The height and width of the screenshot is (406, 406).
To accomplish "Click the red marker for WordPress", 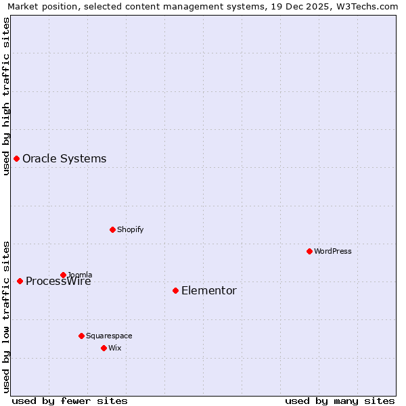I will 309,251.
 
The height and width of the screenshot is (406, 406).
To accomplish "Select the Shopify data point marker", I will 112,229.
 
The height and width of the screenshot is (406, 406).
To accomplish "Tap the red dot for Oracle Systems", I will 16,158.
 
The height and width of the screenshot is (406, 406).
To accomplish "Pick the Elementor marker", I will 175,290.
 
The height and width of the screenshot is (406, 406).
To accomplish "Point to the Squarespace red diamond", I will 81,336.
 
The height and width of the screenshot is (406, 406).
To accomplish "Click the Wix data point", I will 104,348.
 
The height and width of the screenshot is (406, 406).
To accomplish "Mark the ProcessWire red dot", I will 20,281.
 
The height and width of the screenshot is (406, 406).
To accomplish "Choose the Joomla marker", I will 63,275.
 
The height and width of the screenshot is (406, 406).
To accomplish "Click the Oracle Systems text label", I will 64,158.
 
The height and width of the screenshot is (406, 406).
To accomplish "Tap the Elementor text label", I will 209,290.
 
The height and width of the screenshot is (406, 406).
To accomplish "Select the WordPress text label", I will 333,251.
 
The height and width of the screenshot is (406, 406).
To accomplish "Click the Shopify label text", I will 131,229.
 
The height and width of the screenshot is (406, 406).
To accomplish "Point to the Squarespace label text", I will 109,336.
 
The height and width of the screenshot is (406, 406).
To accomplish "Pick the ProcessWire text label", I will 58,281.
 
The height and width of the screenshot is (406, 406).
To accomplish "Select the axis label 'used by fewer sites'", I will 70,401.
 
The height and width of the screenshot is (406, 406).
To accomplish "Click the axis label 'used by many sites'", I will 340,401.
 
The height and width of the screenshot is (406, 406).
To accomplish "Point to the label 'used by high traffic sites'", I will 7,96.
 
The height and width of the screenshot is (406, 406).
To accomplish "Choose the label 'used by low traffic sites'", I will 7,316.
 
